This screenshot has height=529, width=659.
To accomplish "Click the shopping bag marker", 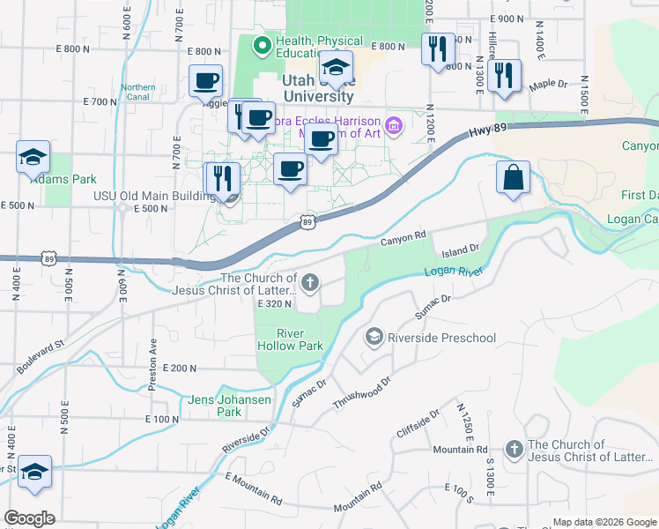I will point(513,177).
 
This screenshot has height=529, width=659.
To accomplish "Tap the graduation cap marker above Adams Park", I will point(33,159).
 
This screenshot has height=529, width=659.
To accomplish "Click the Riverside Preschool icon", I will point(374,337).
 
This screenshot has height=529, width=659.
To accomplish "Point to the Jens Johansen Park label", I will point(215,406).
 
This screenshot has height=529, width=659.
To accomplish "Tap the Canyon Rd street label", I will point(404,235).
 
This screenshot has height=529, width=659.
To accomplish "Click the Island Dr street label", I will point(459,250).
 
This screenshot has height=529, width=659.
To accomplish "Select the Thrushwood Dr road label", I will point(361,391).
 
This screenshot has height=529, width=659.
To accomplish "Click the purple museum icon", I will point(393,127).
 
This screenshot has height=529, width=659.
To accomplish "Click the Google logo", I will point(29,518).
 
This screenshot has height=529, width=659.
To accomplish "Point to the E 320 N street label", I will point(274,303).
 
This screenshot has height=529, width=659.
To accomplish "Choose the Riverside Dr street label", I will point(246,443).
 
